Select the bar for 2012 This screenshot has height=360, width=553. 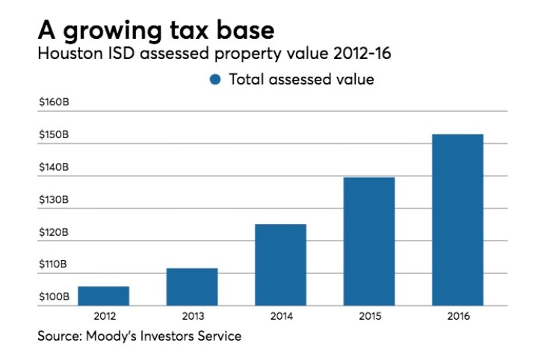103,296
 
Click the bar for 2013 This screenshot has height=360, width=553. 192,287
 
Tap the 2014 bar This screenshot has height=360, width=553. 280,264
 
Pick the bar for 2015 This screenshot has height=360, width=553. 369,241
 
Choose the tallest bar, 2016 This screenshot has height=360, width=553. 457,220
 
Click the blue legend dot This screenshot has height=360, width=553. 215,79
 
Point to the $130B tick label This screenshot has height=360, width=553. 54,200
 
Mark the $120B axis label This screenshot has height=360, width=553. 54,233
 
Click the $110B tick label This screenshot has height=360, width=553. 54,265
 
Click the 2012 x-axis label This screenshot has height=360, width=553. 103,317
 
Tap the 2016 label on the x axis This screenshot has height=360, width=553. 457,317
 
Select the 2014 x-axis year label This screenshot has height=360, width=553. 280,317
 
